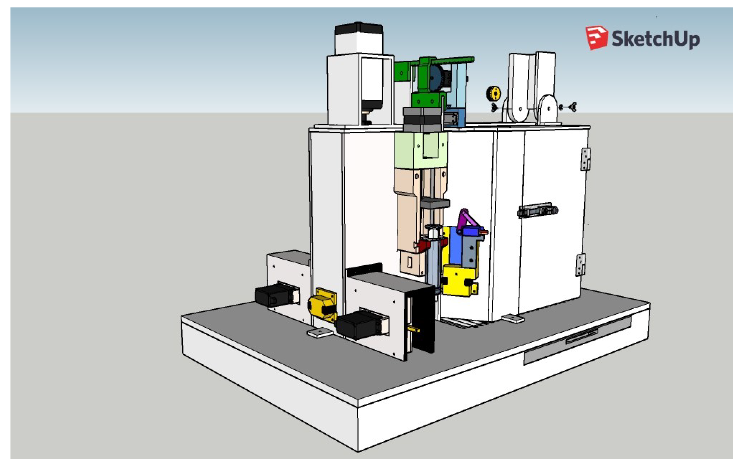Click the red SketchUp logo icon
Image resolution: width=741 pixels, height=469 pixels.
tap(596, 37)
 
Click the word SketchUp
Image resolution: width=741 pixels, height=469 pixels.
tap(656, 39)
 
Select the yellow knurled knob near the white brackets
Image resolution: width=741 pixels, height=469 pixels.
tap(493, 93)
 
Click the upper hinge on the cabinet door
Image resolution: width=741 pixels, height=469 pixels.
tap(585, 159)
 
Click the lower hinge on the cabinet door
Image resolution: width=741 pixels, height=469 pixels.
tap(580, 265)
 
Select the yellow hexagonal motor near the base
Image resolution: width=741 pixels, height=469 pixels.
tap(322, 305)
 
